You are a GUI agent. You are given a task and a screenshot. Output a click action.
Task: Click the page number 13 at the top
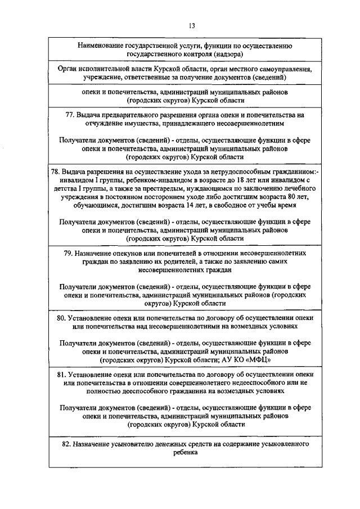pos(192,25)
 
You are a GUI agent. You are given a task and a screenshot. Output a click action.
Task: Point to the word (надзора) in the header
pos(228,54)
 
